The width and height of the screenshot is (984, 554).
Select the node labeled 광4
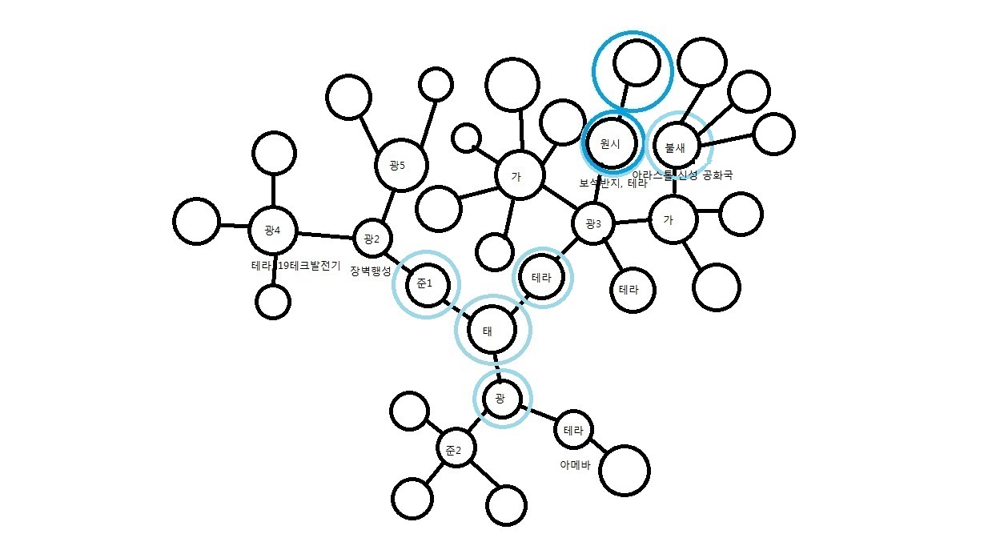(x=272, y=231)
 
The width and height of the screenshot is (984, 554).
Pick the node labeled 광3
(x=593, y=223)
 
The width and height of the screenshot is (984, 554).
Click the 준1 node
(x=424, y=283)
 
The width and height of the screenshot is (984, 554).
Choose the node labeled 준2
(x=454, y=450)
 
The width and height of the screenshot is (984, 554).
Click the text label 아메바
(x=574, y=464)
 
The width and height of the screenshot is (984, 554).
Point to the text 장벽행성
(x=369, y=271)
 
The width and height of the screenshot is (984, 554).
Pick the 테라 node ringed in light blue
(x=542, y=278)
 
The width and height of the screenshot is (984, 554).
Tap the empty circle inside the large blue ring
(x=637, y=62)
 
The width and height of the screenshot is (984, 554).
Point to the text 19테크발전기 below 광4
(x=310, y=265)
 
